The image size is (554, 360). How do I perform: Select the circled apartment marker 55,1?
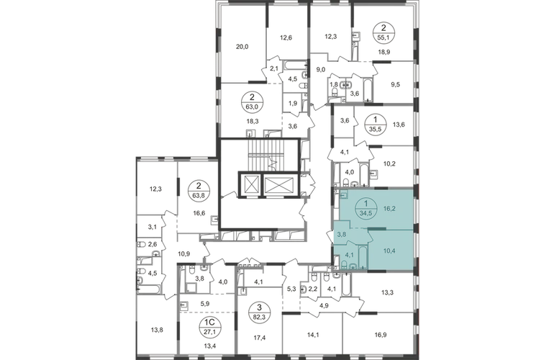pos(384,32)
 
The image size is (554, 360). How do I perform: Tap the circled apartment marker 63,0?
pos(253,102)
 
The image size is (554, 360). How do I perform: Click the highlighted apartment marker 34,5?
pos(366,209)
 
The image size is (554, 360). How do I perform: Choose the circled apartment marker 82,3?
pos(260,312)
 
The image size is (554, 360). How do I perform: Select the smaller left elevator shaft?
pos(250,184)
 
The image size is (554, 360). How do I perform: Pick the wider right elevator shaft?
pos(279,184)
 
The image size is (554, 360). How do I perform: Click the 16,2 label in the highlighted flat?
pos(389,209)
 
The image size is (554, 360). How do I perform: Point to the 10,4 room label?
pos(389,251)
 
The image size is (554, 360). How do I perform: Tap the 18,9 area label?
pos(384,52)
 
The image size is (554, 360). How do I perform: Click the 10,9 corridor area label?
pos(183,253)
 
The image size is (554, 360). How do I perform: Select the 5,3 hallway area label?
pos(291,289)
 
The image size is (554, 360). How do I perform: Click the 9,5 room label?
pos(396,84)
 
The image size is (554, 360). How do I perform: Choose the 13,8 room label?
pos(157,330)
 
